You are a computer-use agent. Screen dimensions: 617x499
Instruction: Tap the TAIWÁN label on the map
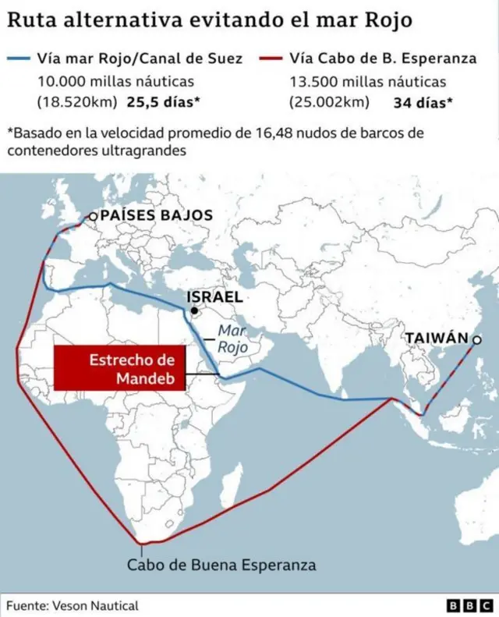(436, 338)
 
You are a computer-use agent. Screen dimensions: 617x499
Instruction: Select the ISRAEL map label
(214, 297)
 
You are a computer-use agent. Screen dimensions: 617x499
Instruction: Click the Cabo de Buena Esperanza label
(221, 564)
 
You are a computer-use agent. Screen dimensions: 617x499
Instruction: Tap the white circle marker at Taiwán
(476, 339)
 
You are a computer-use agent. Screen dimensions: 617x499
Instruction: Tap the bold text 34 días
(419, 101)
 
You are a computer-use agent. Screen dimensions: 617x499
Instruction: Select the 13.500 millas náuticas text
(368, 80)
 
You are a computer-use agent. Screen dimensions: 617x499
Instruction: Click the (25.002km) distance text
(328, 101)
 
